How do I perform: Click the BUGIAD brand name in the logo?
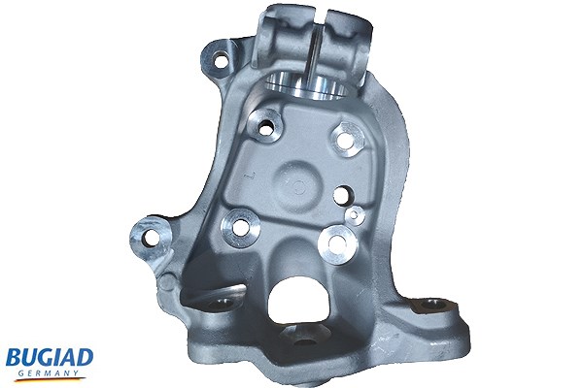point(50,358)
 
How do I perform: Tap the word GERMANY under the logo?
point(49,373)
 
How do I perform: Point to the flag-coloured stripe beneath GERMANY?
point(50,379)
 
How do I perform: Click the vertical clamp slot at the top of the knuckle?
point(315,45)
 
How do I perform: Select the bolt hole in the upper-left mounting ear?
point(221,60)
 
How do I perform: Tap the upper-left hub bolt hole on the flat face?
point(265,128)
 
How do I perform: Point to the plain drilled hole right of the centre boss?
point(341,195)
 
